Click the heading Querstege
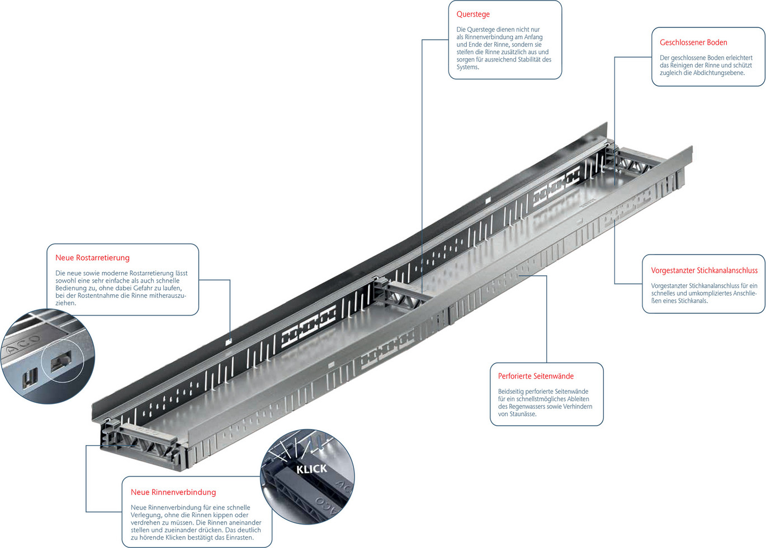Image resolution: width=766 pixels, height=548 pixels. (472, 15)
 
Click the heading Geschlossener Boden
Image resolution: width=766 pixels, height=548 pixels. (693, 42)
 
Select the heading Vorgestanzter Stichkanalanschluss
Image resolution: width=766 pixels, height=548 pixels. (704, 270)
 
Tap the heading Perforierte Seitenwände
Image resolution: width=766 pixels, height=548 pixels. (536, 377)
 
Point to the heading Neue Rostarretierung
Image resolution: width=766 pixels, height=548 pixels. (92, 258)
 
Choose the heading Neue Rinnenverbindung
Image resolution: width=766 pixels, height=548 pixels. (173, 492)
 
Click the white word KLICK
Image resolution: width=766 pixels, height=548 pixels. (311, 469)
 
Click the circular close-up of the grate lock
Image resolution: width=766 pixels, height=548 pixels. (48, 356)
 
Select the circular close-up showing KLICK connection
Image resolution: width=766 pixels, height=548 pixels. (308, 476)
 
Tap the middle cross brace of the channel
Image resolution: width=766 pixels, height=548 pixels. (400, 294)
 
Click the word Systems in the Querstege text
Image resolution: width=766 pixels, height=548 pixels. (467, 68)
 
